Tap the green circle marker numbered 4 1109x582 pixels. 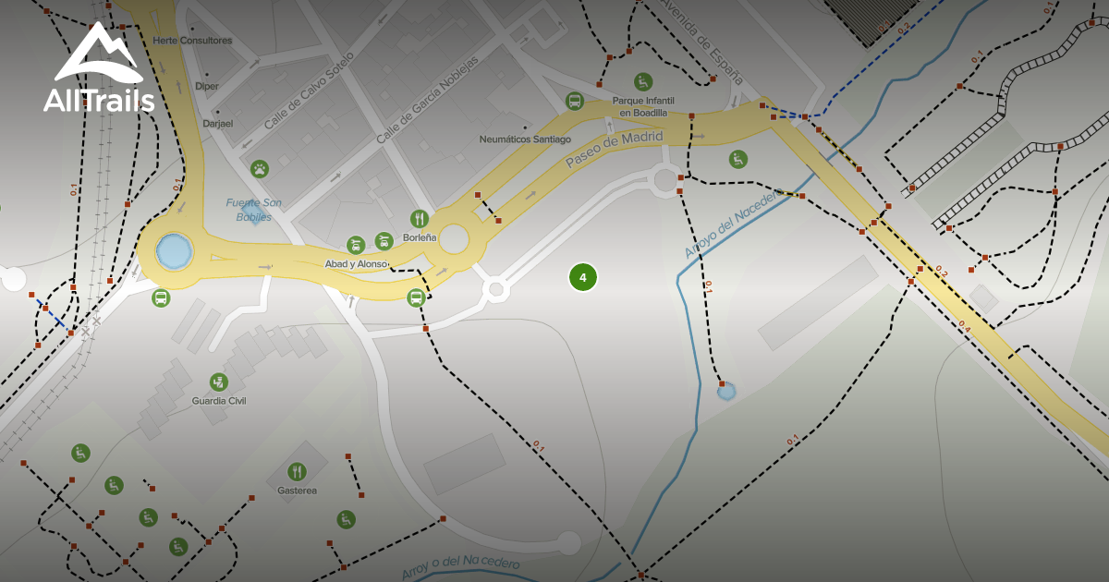point(582,277)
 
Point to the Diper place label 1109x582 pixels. point(207,86)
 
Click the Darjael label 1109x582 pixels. point(218,122)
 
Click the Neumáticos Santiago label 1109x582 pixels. point(525,139)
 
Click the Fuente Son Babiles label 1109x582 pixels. point(252,210)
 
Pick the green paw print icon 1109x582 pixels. point(261,169)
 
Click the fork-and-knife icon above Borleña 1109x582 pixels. point(420,219)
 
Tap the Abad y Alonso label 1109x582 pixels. point(355,264)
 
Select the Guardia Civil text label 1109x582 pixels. point(218,401)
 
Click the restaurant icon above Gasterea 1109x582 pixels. point(297,471)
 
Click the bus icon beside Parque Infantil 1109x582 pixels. point(575,101)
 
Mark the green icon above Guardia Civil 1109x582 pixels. point(218,381)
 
